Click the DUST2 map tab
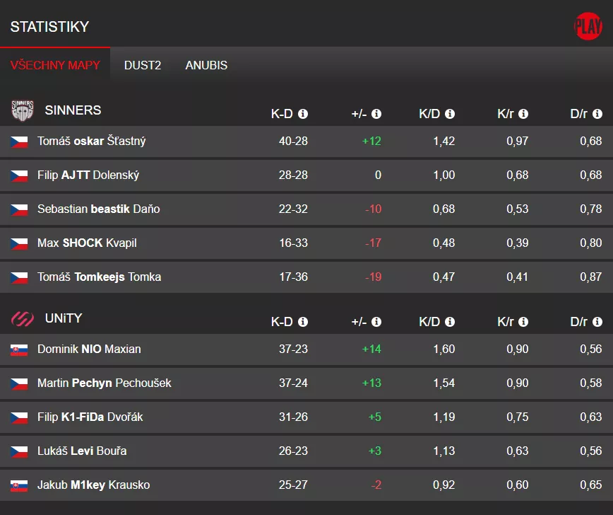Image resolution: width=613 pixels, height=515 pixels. (143, 65)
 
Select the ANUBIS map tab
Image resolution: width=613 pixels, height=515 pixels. (206, 65)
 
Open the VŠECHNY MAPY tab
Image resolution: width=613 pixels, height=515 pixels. (55, 65)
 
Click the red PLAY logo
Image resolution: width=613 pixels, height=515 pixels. (588, 26)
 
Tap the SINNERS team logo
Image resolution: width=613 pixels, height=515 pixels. (23, 110)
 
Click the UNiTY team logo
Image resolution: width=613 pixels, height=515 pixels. (23, 319)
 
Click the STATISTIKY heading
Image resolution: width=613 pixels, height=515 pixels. (49, 27)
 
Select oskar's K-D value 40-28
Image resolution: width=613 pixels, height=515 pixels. (293, 141)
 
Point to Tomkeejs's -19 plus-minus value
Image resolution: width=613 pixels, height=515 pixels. (373, 277)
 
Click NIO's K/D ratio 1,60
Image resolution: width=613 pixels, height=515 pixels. (444, 349)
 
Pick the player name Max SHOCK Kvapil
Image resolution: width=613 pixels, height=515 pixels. (87, 243)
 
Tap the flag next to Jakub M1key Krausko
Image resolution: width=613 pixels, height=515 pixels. (19, 486)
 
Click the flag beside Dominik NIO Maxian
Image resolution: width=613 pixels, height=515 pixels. (19, 350)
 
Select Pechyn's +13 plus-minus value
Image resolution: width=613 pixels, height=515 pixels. (371, 383)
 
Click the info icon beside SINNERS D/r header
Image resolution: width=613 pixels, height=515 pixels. (597, 114)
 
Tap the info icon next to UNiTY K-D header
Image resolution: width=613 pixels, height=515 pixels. (303, 323)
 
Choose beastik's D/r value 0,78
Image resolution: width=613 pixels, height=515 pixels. (590, 209)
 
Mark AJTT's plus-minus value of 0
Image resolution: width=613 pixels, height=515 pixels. (378, 175)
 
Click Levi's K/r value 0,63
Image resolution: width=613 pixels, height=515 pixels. (517, 451)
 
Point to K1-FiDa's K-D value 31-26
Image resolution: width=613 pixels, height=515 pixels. (293, 417)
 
